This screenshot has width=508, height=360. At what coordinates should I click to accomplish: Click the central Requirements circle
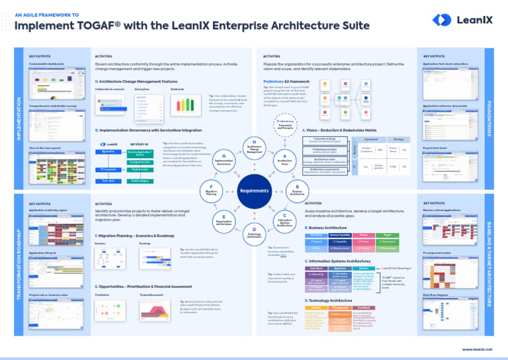pyautogui.click(x=254, y=190)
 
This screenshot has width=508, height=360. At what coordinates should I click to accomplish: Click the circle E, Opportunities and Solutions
pyautogui.click(x=225, y=220)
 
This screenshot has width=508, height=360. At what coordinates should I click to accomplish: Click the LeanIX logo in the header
pyautogui.click(x=462, y=21)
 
